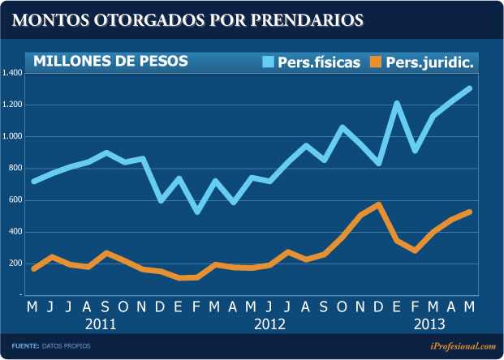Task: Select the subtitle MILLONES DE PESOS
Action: [110, 61]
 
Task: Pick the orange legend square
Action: [375, 62]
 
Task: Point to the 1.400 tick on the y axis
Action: [13, 73]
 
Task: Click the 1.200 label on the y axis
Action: [13, 105]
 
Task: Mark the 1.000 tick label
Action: [13, 136]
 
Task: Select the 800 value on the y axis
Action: [15, 168]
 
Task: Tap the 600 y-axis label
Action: [15, 199]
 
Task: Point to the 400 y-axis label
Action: [15, 232]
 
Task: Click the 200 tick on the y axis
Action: [15, 264]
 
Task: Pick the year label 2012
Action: [269, 324]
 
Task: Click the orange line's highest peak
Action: [378, 204]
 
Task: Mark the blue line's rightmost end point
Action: [469, 88]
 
